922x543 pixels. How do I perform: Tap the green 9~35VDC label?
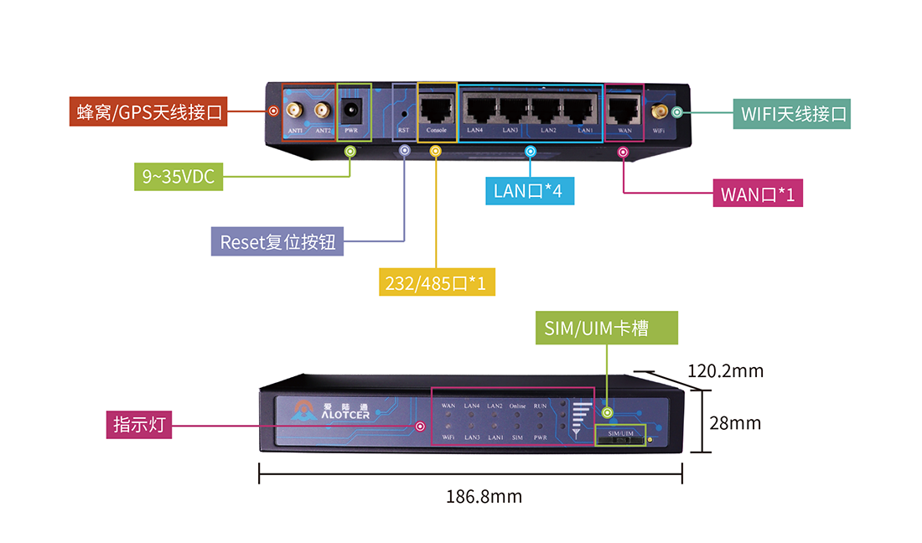point(179,176)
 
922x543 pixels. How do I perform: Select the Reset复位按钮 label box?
point(277,242)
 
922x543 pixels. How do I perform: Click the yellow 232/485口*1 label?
point(437,282)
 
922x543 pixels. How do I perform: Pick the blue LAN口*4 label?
point(528,192)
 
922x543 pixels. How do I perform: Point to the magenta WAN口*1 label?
point(757,194)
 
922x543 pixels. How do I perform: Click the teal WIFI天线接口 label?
point(792,114)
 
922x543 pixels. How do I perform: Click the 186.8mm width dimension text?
point(484,497)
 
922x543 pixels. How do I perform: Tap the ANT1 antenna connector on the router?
point(295,110)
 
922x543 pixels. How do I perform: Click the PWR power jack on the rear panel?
point(351,109)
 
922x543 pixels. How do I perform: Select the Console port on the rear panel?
point(436,110)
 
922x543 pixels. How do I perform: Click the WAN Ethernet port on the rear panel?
point(623,110)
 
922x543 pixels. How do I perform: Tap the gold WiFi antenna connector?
point(660,111)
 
